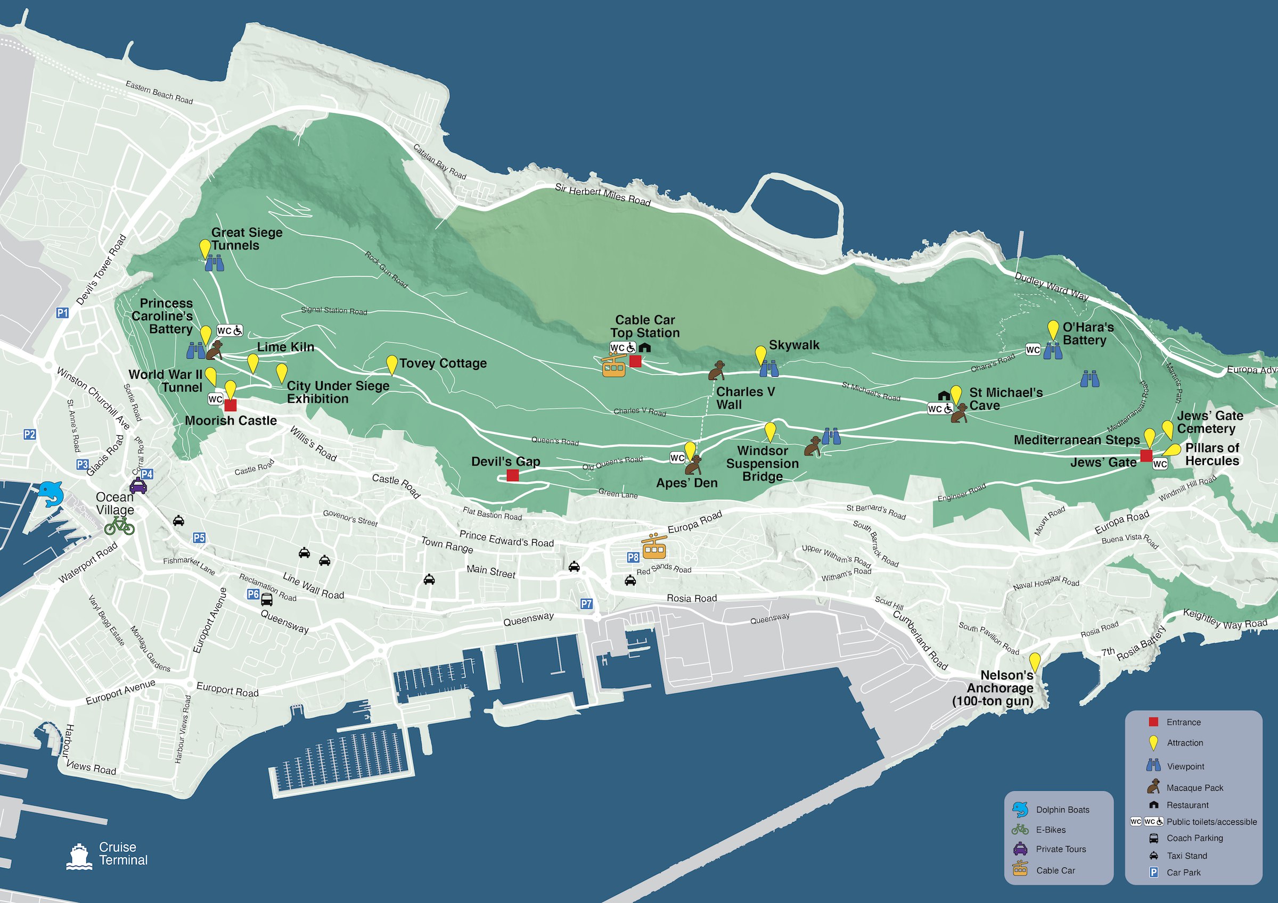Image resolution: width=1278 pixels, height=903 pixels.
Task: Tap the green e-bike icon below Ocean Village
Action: [120, 525]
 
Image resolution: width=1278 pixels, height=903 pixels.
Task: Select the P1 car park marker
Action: [62, 313]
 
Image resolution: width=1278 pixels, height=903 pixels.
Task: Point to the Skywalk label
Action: [794, 345]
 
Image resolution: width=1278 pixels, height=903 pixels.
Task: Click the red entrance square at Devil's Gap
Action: [513, 475]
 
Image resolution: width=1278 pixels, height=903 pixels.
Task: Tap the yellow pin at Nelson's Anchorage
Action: [1034, 662]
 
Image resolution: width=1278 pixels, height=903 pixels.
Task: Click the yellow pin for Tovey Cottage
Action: [392, 365]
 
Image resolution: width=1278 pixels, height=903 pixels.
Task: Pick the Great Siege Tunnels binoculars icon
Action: [214, 263]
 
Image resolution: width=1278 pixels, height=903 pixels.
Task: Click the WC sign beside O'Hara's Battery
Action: [1033, 350]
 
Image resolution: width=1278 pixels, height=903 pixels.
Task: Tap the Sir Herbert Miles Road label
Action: [602, 195]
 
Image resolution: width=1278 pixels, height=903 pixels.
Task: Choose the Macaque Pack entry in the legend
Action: [1194, 788]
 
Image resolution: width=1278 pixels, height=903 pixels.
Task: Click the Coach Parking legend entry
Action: [1194, 838]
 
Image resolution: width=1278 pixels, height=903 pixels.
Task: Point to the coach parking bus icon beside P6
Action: [267, 600]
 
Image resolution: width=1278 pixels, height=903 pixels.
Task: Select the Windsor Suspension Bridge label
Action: [762, 463]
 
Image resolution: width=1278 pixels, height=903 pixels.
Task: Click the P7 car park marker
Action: [586, 603]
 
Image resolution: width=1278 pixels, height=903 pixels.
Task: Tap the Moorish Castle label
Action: [231, 420]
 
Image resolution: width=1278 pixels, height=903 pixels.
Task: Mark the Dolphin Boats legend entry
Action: [1062, 809]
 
